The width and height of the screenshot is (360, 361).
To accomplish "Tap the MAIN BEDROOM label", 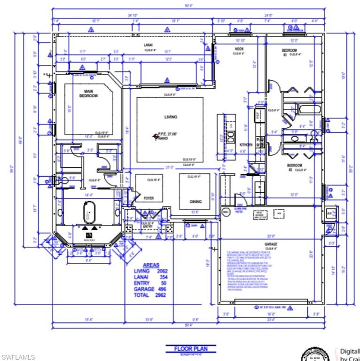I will click(x=88, y=94).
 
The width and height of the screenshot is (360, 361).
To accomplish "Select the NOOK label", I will click(x=239, y=49).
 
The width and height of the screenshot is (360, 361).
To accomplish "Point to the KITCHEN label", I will click(x=246, y=144).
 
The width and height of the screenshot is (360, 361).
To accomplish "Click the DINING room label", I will click(x=196, y=201).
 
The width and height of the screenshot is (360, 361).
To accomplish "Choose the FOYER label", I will click(x=149, y=198).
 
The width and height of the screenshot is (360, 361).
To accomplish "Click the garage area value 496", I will click(x=162, y=289).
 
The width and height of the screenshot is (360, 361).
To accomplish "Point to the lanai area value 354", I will click(x=162, y=277).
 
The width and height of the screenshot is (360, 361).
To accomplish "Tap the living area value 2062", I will click(x=161, y=271).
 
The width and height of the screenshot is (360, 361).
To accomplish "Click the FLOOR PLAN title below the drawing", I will click(x=190, y=349).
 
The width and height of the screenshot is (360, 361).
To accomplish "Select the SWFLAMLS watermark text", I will click(x=18, y=357).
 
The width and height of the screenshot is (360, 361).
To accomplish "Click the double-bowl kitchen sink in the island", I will click(x=231, y=137).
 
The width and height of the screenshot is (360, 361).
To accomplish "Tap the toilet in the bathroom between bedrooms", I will click(x=295, y=139).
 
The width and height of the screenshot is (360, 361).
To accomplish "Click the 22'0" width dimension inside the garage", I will click(x=271, y=236).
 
